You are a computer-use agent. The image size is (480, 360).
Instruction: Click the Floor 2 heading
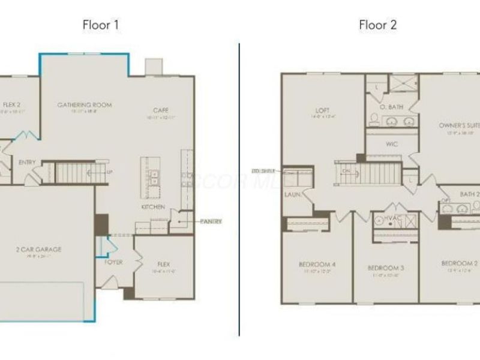click(x=377, y=25)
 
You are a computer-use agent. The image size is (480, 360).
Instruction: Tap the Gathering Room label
click(x=85, y=105)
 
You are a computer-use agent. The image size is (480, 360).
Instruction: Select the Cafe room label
click(x=160, y=110)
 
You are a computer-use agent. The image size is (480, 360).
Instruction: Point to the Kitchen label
click(x=153, y=206)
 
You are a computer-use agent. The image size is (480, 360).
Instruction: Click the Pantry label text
click(x=211, y=221)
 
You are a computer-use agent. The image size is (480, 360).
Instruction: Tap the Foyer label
click(x=113, y=262)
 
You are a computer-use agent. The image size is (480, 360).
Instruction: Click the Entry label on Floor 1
click(x=27, y=162)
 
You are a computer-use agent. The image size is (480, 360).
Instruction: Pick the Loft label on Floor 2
click(x=323, y=110)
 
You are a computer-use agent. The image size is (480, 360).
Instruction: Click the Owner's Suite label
click(x=459, y=125)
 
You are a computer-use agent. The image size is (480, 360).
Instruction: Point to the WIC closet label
click(x=392, y=144)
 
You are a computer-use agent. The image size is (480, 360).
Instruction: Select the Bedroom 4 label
click(x=317, y=264)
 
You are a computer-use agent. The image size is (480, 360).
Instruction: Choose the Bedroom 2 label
click(x=459, y=263)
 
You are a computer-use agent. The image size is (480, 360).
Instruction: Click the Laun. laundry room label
click(x=293, y=194)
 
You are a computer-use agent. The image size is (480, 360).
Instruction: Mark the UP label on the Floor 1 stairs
click(x=109, y=172)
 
